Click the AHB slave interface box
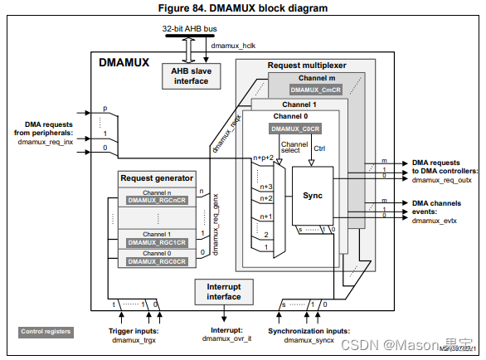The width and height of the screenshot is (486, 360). click(x=191, y=76)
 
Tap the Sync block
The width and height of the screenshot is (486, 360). click(x=312, y=197)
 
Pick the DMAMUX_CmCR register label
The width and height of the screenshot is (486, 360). click(x=317, y=89)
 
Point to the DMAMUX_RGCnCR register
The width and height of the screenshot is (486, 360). click(x=156, y=200)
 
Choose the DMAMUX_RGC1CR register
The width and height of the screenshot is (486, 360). click(x=156, y=242)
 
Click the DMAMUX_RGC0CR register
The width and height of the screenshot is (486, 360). click(x=156, y=261)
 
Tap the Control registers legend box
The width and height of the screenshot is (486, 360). click(x=46, y=332)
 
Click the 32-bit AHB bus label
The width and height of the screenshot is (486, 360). click(x=190, y=29)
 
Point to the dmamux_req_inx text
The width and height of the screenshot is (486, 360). click(x=45, y=142)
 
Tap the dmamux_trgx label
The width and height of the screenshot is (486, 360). click(x=134, y=340)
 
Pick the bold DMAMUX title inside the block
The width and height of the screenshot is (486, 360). click(x=124, y=61)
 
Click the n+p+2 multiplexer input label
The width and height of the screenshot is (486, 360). click(x=264, y=157)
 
